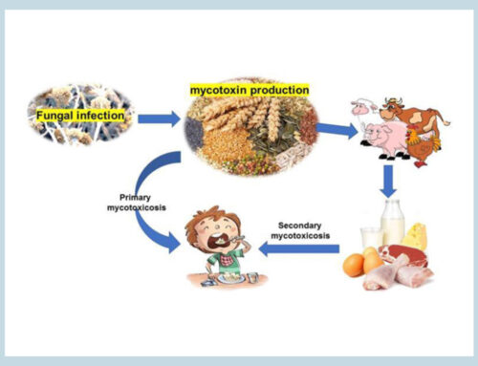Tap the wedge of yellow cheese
coord(416,233)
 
